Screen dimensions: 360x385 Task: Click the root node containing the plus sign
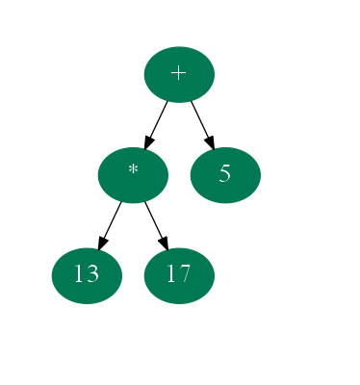(179, 74)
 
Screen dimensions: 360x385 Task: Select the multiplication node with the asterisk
(133, 174)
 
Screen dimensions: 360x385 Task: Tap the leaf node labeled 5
(225, 174)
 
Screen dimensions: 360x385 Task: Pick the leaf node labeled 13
(87, 275)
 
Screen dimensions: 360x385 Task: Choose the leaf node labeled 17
(179, 275)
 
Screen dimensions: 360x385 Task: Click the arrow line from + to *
(158, 120)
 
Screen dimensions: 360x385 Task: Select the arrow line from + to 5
(200, 120)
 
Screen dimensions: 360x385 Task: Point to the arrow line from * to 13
(112, 220)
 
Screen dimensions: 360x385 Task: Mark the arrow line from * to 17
(154, 220)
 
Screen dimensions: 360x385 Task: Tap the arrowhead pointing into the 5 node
(210, 141)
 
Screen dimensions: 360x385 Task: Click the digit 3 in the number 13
(92, 275)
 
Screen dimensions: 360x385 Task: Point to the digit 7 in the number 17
(185, 275)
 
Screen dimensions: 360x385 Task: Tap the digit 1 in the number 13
(80, 275)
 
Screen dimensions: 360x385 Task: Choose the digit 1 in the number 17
(172, 275)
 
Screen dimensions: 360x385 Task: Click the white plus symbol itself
(179, 74)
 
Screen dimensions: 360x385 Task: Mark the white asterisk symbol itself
(133, 171)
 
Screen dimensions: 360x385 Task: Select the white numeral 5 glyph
(225, 174)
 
